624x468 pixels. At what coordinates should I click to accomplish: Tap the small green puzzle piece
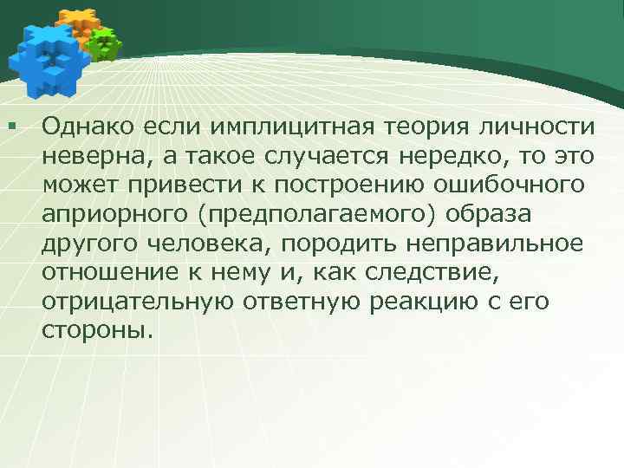point(105,43)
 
